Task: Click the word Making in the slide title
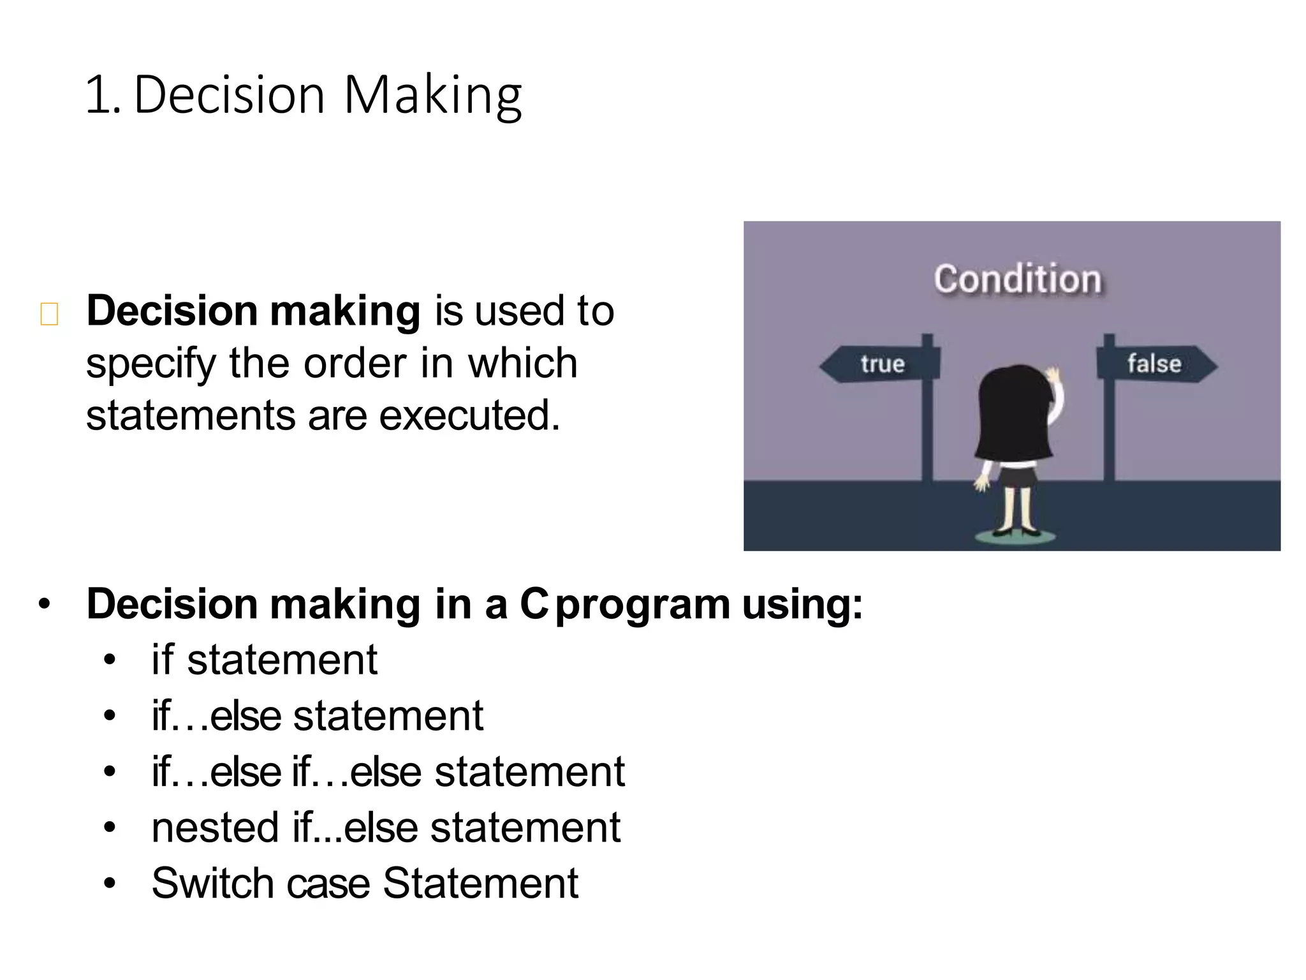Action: (433, 96)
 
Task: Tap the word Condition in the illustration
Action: (1017, 279)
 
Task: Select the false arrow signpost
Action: (1154, 364)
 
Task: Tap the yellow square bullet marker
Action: (49, 315)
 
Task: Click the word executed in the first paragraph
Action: (469, 415)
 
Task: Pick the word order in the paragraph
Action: (354, 364)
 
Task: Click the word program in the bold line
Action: (642, 604)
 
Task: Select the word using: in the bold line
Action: (802, 604)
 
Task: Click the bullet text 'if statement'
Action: (264, 660)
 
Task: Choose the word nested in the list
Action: (215, 828)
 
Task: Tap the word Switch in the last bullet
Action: (213, 884)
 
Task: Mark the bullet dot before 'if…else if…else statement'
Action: (110, 772)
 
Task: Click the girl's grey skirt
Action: (1015, 476)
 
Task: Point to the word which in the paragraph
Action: (522, 364)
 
